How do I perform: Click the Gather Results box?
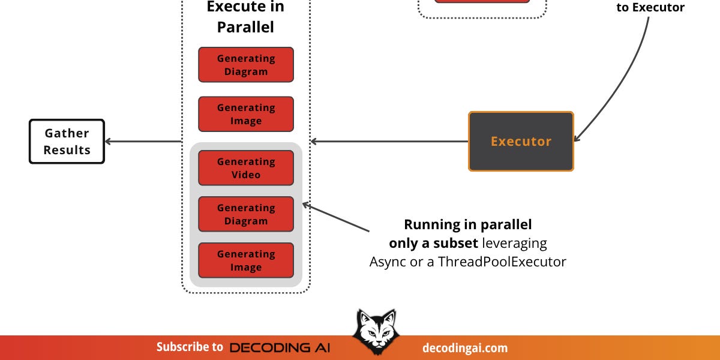[x=67, y=142]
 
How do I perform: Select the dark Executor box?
[x=521, y=142]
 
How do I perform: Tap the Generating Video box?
[x=246, y=168]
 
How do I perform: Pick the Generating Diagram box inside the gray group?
[x=246, y=214]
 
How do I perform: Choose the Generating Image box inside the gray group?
[x=246, y=260]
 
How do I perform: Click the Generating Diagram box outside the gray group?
[x=246, y=65]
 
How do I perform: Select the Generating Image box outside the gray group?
[x=246, y=114]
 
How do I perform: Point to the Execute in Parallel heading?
[x=245, y=17]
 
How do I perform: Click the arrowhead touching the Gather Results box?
[x=109, y=142]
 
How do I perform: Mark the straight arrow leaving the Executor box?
[x=390, y=142]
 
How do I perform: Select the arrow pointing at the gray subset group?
[x=336, y=218]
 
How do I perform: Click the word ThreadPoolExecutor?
[x=502, y=262]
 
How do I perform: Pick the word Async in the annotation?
[x=388, y=262]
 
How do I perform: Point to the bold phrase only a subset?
[x=434, y=243]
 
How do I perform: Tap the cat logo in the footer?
[x=373, y=331]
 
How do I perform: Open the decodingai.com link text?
[x=465, y=347]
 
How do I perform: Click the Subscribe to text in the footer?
[x=190, y=347]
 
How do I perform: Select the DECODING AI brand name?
[x=280, y=347]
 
